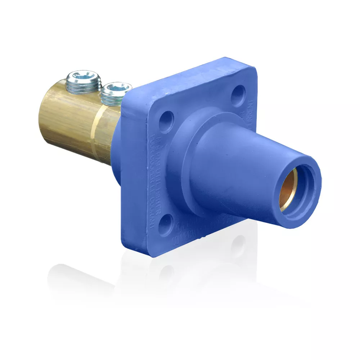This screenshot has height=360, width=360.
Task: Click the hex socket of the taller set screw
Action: point(82,76)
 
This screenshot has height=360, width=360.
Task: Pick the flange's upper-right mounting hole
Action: point(238,94)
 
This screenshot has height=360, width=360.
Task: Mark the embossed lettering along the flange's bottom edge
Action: point(202,230)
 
